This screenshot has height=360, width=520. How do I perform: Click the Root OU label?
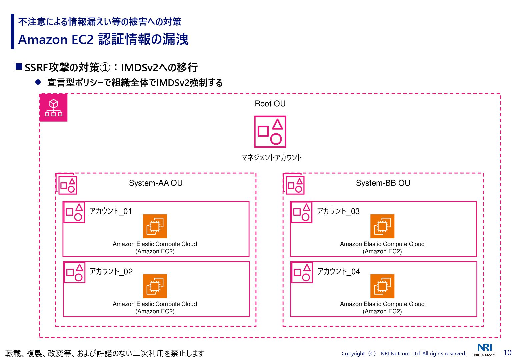pos(270,104)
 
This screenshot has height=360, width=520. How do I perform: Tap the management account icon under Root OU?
pos(270,132)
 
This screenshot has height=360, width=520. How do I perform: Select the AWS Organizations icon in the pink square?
pos(53,108)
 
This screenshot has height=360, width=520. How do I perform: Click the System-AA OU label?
pos(156,183)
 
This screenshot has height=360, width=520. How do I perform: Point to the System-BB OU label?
pos(383,183)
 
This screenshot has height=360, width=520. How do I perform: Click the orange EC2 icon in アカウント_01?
pos(155,226)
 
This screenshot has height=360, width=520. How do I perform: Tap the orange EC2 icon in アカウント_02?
pos(155,286)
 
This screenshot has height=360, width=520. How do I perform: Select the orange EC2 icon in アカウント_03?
pos(382,226)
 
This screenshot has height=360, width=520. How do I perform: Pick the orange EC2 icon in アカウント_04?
pos(382,286)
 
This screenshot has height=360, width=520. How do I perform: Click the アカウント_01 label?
pos(111,211)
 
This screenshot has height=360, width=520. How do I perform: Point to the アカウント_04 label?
pos(338,272)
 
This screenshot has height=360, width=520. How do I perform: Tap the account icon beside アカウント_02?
pos(75,273)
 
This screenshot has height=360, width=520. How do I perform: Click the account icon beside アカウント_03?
pos(302,212)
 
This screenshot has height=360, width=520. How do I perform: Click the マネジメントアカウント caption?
pos(272,158)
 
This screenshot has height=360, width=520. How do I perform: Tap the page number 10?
pos(507,353)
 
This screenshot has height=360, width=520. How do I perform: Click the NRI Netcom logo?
pos(485,350)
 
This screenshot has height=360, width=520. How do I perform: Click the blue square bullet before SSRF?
pos(19,67)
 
